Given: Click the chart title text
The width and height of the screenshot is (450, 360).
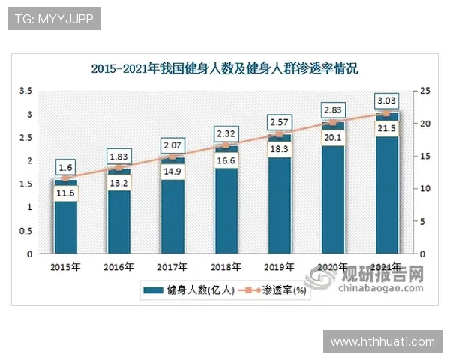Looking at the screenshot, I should [x=225, y=68].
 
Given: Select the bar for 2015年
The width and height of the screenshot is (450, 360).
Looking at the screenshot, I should [x=65, y=225].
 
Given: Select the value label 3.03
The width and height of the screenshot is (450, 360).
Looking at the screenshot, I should [x=386, y=100].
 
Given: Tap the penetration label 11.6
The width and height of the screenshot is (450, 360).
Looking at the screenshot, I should [x=65, y=194].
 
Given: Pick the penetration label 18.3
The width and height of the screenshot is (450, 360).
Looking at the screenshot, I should [x=279, y=150].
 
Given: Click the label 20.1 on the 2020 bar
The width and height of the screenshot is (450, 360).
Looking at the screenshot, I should [x=332, y=138].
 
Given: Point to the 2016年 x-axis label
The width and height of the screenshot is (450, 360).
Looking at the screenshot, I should [x=119, y=266].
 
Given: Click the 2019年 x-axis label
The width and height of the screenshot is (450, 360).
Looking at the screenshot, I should [x=279, y=266].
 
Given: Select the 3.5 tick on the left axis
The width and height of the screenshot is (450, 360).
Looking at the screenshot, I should [x=25, y=91].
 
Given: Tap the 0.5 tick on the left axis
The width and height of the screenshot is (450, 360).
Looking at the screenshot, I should [x=25, y=230].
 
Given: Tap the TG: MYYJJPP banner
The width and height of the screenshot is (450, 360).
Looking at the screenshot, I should [x=53, y=19].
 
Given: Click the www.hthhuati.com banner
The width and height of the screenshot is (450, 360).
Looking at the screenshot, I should [x=382, y=341].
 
